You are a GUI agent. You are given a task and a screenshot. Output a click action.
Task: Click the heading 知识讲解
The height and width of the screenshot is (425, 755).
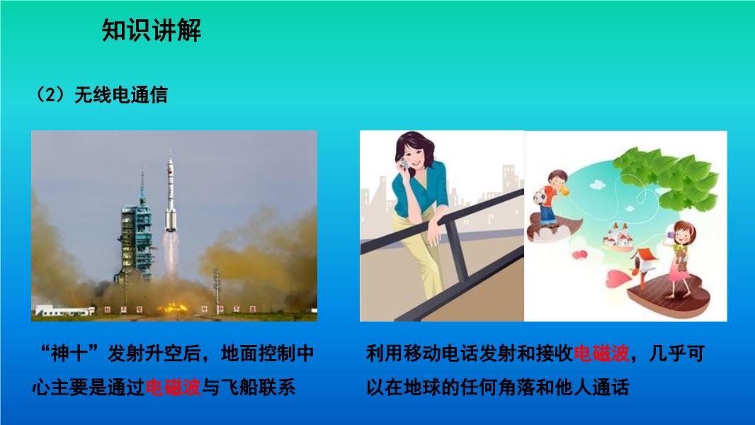tap(151, 30)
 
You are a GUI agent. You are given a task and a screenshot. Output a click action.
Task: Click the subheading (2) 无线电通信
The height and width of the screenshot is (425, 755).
tap(101, 94)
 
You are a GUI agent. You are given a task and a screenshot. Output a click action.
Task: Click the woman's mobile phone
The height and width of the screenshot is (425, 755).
tap(405, 164)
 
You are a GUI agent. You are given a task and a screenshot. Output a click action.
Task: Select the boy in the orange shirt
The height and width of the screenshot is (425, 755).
tap(550, 198)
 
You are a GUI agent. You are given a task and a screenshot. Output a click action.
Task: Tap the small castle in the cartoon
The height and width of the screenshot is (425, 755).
tap(618, 235)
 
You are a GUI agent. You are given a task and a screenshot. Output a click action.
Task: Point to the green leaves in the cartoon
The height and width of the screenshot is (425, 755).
tap(669, 178)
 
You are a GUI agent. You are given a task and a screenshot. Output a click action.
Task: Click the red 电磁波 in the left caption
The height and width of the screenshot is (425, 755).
tap(173, 387)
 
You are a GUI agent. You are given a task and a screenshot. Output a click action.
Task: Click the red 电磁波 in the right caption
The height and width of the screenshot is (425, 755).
tap(601, 353)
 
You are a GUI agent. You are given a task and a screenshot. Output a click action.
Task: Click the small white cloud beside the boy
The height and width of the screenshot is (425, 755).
tap(597, 185)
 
